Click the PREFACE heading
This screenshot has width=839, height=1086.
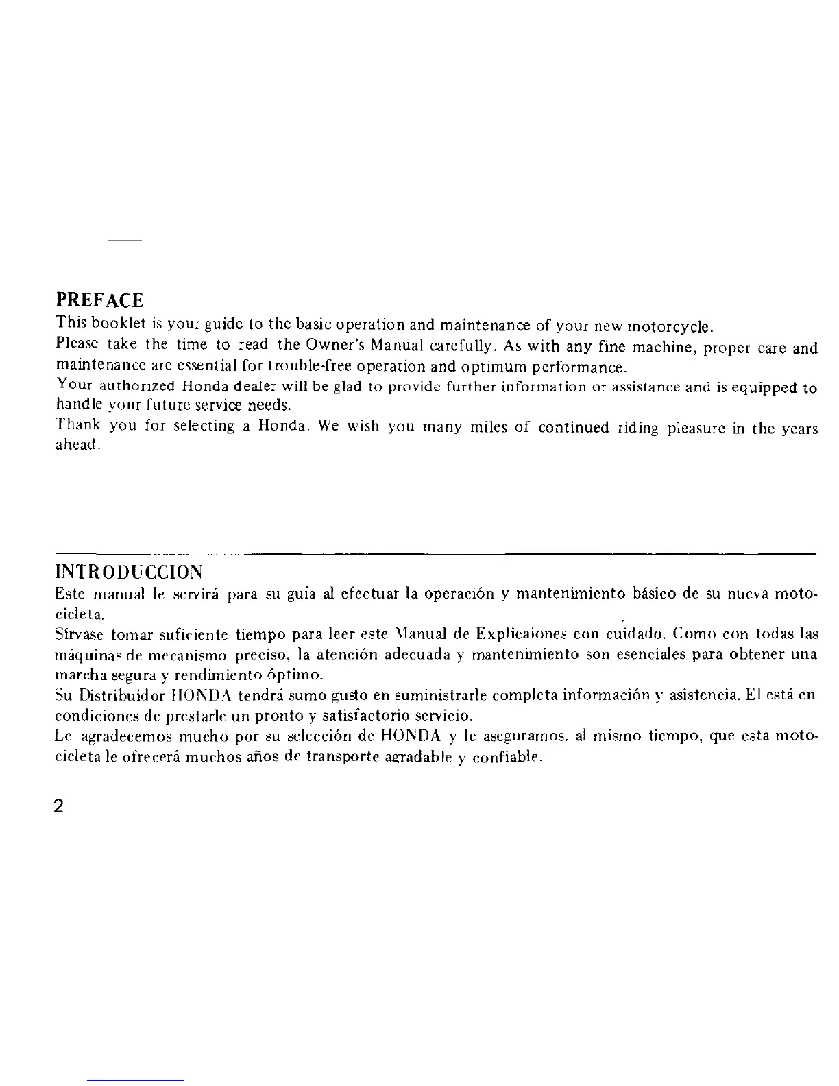pyautogui.click(x=99, y=300)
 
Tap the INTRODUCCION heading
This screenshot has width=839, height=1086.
pyautogui.click(x=128, y=571)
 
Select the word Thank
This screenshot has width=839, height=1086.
pyautogui.click(x=78, y=426)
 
